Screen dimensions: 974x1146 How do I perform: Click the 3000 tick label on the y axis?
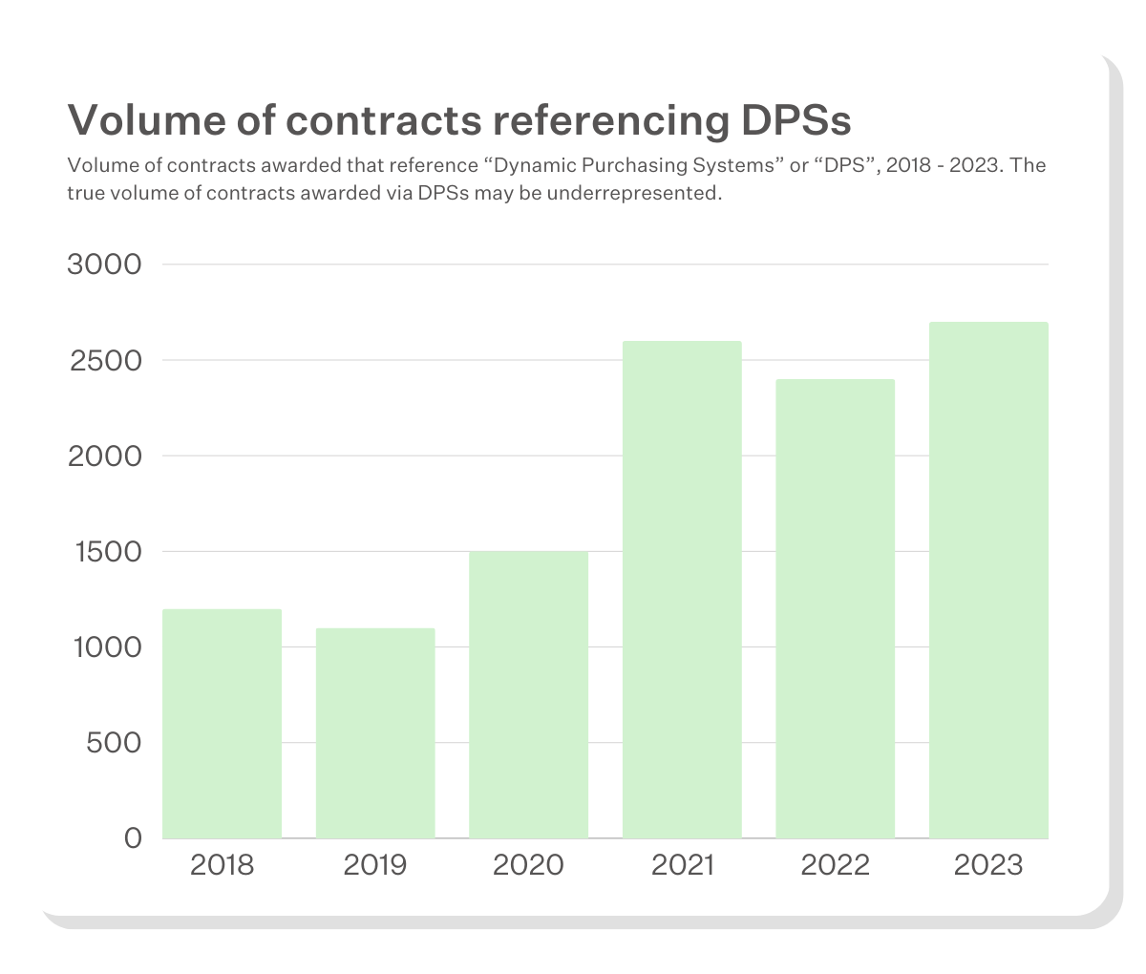tap(104, 265)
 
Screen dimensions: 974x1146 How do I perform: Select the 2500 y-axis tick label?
tap(104, 361)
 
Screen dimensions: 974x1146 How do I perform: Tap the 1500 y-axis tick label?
tap(107, 552)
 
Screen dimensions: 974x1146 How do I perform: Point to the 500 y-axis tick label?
tap(114, 743)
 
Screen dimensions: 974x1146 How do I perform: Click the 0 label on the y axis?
tap(133, 838)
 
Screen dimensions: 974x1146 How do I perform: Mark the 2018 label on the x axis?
tap(223, 865)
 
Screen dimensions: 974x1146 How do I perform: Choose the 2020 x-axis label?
tap(528, 865)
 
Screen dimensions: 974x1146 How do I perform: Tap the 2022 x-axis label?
tap(836, 865)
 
